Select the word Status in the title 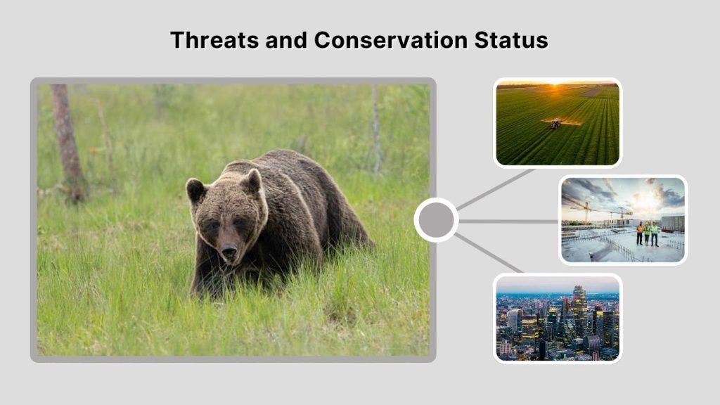coord(515,39)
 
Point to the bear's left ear coord(251,182)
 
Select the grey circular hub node coord(436,220)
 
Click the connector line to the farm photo coord(496,188)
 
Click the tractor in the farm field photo coord(555,123)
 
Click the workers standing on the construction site coord(648,233)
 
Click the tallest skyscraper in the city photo coord(579,304)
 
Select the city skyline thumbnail coord(558,318)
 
